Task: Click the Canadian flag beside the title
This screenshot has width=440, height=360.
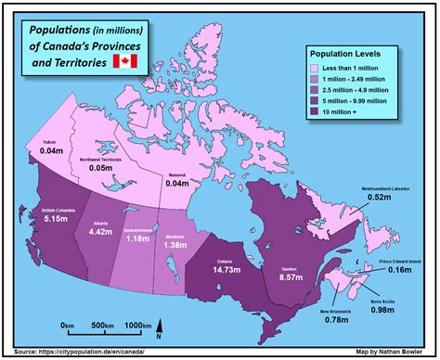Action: tap(123, 61)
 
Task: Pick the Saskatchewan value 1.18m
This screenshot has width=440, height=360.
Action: tap(137, 239)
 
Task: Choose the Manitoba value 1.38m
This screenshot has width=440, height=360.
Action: tap(176, 248)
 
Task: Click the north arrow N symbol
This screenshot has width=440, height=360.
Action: tap(159, 327)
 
